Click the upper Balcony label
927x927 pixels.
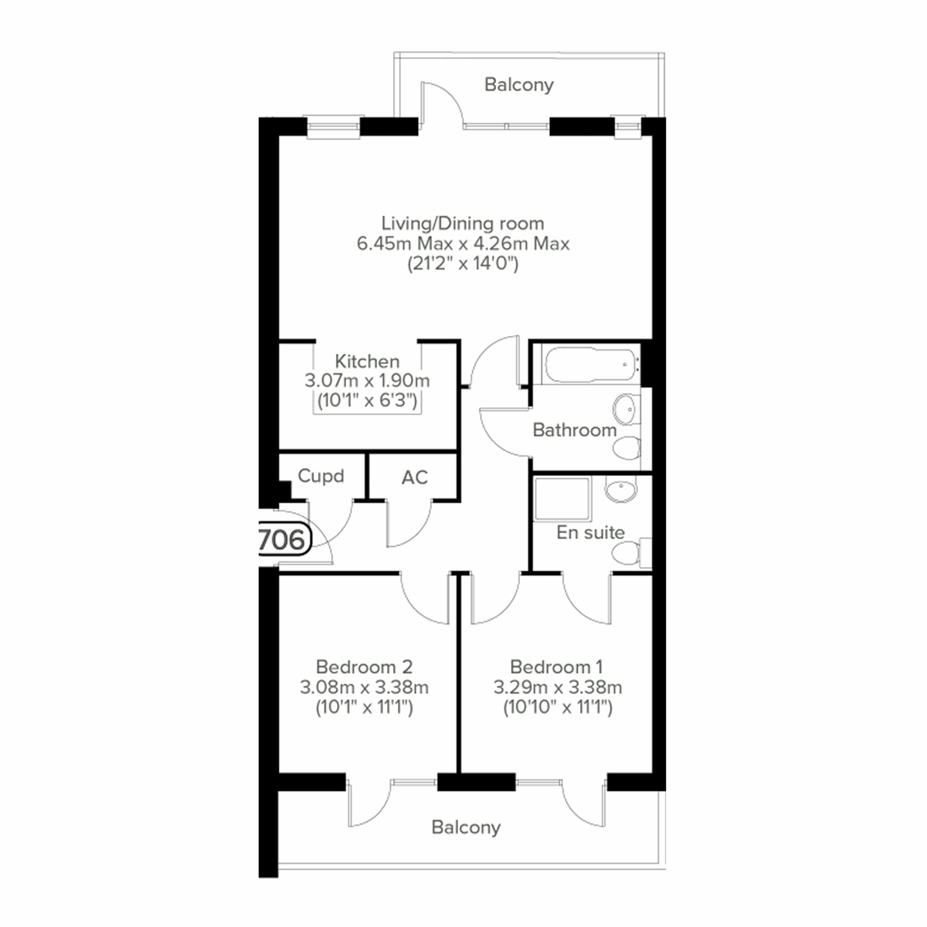[x=518, y=84]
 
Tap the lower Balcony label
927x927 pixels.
[x=466, y=827]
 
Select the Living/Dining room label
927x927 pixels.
[x=463, y=224]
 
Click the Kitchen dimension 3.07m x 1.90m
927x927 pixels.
[x=367, y=381]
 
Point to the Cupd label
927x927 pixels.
[x=321, y=476]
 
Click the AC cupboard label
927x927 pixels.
[x=415, y=477]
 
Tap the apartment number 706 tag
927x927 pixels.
[x=283, y=539]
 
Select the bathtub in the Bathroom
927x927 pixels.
[x=589, y=367]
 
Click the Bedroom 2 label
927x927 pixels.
[x=365, y=667]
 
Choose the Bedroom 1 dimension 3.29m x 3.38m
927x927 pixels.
[x=558, y=688]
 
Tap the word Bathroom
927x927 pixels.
[x=575, y=430]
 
